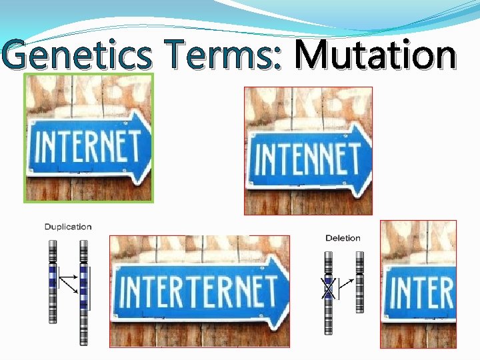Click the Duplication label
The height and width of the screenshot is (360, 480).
click(x=68, y=227)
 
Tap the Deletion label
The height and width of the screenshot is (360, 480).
click(x=343, y=238)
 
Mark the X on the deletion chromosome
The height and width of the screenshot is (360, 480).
click(x=328, y=288)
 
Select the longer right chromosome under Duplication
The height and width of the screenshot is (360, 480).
click(x=84, y=293)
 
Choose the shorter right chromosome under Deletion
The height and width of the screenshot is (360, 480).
click(x=360, y=282)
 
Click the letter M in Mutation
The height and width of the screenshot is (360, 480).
click(x=312, y=54)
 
